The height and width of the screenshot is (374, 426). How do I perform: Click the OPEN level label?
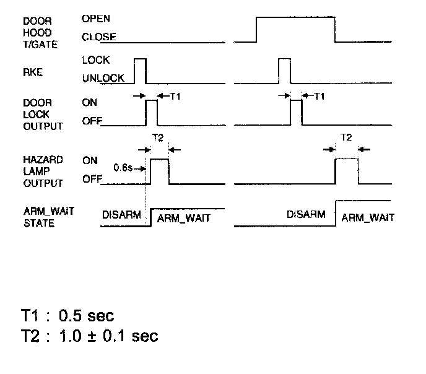(95, 19)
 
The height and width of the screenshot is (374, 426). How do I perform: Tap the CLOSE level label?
(98, 37)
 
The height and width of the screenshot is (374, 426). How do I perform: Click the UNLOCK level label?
(103, 78)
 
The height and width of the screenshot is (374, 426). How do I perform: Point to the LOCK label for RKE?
(95, 60)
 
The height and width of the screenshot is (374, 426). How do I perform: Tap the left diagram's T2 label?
(158, 137)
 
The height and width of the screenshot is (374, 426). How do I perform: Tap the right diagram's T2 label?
(346, 137)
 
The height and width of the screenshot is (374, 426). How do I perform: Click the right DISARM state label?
(306, 214)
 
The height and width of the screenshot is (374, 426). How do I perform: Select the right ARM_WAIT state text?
(367, 218)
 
